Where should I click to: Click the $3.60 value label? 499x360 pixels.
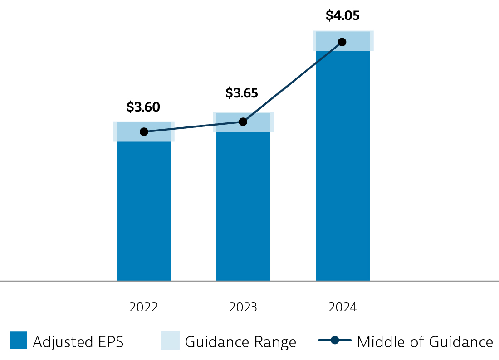143,107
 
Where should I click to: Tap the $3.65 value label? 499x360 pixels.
242,93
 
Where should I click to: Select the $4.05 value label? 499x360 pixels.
342,16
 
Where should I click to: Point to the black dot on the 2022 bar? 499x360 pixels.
144,132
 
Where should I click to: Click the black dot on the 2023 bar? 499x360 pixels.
243,122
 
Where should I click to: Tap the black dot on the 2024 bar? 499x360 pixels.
342,42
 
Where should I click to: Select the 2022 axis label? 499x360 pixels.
143,307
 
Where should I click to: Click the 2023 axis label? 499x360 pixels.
243,307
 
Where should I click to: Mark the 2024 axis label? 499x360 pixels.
342,307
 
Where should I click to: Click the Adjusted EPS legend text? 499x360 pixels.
78,341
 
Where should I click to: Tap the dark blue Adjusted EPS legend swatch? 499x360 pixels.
18,341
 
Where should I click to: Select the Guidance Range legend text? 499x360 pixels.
240,341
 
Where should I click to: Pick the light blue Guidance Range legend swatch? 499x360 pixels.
170,341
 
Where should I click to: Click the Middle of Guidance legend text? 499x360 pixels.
425,341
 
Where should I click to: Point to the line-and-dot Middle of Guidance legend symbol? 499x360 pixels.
335,341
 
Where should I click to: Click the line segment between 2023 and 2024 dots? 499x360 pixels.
293,82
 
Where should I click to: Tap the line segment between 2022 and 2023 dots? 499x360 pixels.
193,127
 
